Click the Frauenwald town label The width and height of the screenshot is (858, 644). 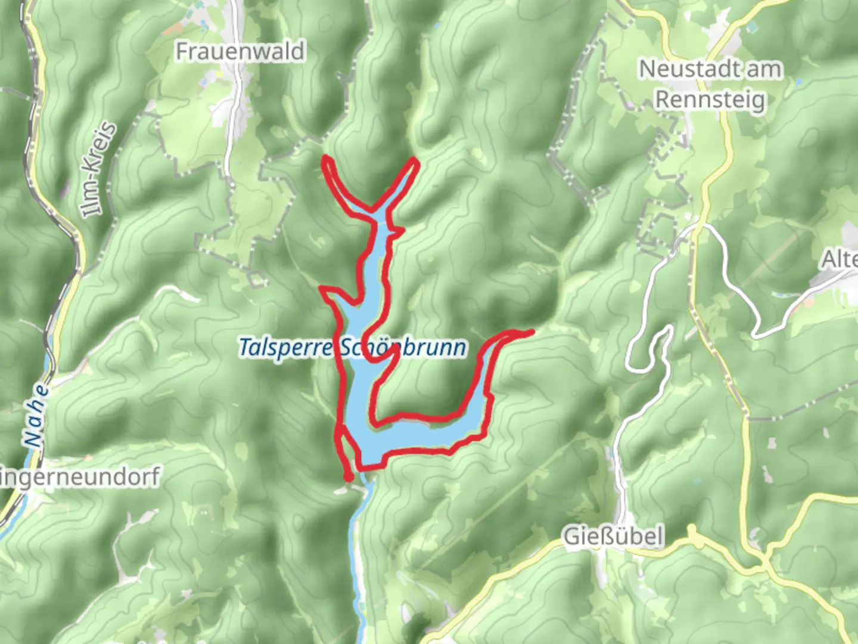click(x=240, y=51)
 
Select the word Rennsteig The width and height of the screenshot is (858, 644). click(x=710, y=99)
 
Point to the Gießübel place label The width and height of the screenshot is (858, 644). click(x=613, y=537)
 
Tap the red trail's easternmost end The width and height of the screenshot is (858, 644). click(x=531, y=331)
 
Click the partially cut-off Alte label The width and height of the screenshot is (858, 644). click(x=840, y=259)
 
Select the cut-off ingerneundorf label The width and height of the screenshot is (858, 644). click(x=80, y=477)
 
